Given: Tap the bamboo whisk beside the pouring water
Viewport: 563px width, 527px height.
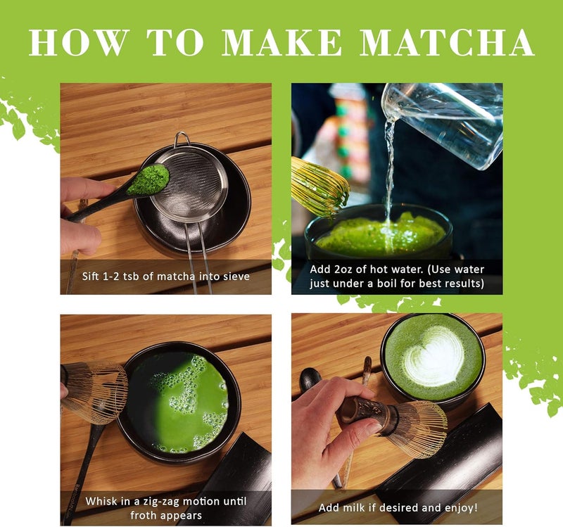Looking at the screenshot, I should (x=320, y=186).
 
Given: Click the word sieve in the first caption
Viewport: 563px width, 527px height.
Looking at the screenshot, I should (x=235, y=277).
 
